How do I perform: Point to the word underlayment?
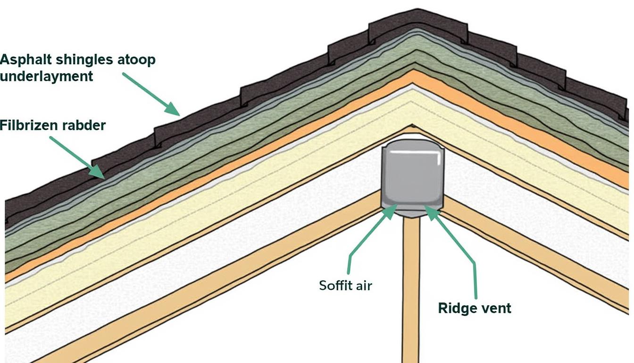pos(46,76)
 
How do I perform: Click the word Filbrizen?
pos(29,125)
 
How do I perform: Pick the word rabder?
pos(84,125)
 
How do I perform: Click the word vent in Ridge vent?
pos(496,309)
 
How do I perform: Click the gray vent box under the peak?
pos(412,177)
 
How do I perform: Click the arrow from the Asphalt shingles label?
pos(151,94)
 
